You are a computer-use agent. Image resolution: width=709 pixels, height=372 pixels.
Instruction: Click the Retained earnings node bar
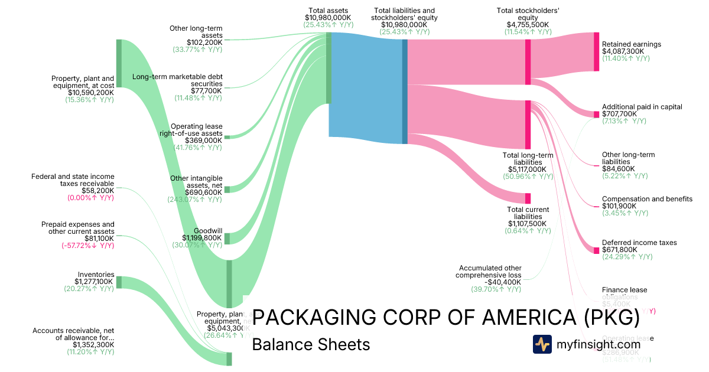tap(596, 52)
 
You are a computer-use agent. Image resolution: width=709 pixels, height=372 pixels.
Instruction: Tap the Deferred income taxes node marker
tap(596, 250)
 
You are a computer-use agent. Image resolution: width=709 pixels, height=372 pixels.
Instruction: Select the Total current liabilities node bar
tap(528, 198)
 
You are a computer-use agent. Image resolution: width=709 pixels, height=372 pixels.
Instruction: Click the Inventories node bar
tap(119, 282)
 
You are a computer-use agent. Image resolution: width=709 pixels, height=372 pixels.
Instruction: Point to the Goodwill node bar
tap(227, 238)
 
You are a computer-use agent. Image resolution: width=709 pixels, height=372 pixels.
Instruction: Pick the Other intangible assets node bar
tap(227, 189)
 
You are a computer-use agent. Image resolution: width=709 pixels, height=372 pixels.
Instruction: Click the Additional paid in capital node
tap(596, 114)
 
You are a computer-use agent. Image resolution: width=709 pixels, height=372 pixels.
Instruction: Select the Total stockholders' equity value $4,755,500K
tap(528, 24)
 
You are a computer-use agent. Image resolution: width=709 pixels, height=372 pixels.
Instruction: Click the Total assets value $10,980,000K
tap(329, 18)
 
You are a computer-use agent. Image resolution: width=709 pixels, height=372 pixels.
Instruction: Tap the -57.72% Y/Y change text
tap(87, 245)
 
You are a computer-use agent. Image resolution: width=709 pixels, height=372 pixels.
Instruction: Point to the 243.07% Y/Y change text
tap(198, 199)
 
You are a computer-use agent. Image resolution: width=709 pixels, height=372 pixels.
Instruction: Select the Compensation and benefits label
tap(647, 199)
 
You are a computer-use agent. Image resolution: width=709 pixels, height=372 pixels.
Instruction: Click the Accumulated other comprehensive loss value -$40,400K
tap(497, 282)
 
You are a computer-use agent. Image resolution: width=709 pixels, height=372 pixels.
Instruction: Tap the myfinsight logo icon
tap(542, 344)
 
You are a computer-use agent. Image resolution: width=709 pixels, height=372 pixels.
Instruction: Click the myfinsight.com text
tap(599, 344)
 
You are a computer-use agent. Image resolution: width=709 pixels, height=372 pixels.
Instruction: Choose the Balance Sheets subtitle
tap(311, 344)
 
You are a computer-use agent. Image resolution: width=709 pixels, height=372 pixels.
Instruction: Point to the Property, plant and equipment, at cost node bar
tap(119, 63)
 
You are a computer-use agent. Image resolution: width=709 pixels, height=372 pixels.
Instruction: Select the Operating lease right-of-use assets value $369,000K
tap(198, 141)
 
